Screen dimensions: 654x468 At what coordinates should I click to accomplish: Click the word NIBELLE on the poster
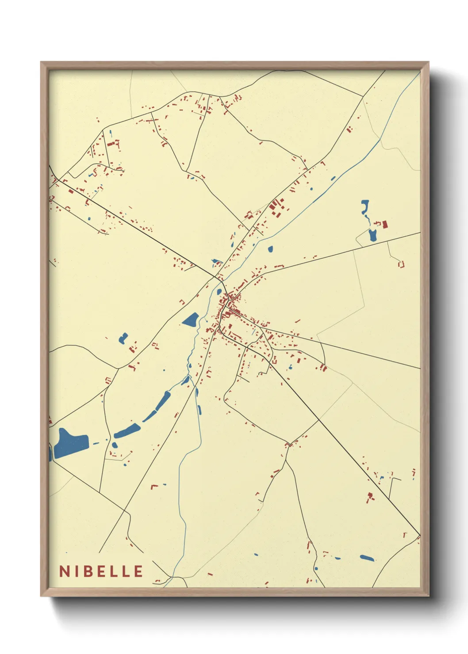coord(101,571)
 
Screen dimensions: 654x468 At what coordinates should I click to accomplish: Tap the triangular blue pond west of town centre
coord(191,319)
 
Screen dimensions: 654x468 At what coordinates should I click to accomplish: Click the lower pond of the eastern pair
coord(372,235)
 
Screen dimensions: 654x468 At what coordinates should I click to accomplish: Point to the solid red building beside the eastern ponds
coord(385,224)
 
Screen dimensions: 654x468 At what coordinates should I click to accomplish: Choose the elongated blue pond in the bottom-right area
coord(367,558)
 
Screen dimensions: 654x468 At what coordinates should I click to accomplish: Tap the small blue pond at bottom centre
coord(256,554)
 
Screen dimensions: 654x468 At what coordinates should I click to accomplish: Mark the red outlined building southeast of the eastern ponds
coord(402,264)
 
